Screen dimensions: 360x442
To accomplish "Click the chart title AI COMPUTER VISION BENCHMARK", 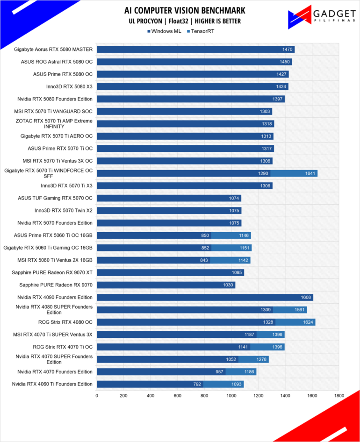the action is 185,10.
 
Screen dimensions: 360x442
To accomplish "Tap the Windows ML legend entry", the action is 164,31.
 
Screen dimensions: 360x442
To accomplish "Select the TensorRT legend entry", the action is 201,31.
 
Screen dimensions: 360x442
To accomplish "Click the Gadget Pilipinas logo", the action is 321,17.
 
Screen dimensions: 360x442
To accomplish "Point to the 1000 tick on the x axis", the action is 231,395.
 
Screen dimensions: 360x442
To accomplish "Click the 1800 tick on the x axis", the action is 339,395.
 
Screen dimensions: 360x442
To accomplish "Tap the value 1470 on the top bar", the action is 287,50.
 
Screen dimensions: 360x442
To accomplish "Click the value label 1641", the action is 310,173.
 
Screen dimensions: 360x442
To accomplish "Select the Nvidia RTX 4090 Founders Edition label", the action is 55,297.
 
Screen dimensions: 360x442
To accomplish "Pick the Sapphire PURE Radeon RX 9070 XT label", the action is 52,272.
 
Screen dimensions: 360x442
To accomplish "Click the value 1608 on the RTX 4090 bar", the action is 306,297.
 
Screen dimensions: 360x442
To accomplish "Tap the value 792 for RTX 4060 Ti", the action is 197,384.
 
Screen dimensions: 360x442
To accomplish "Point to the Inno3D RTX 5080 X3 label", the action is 69,86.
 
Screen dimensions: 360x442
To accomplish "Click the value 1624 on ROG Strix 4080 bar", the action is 308,322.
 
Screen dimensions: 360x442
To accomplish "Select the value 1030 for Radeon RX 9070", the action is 228,285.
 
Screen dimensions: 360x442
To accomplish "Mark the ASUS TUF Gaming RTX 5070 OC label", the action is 55,198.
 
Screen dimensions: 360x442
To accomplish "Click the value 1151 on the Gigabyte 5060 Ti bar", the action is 245,248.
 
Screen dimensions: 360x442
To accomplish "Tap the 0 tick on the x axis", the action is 97,395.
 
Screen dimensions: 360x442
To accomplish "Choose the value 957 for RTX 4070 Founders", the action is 219,372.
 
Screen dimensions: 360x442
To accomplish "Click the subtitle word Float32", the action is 178,21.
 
